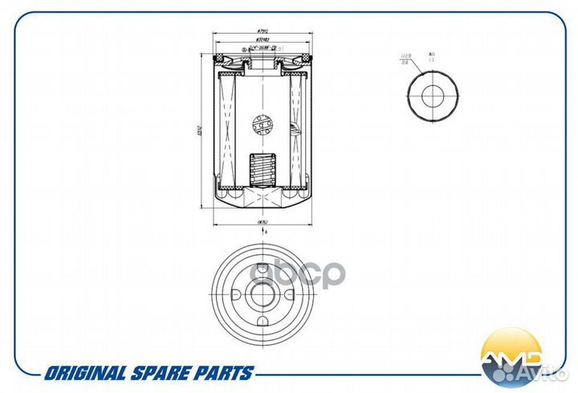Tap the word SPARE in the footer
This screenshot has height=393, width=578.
click(x=160, y=373)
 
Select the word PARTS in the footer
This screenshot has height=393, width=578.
click(x=224, y=373)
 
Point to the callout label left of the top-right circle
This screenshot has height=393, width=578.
click(x=406, y=57)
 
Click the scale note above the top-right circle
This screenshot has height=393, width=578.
click(x=432, y=55)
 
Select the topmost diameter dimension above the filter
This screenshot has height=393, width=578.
click(x=262, y=31)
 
